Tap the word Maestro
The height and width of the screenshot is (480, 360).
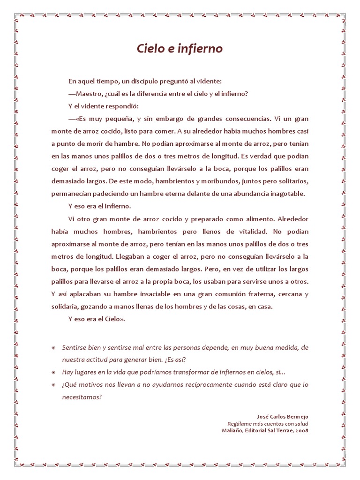[91, 93]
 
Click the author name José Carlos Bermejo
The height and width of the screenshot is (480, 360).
[283, 416]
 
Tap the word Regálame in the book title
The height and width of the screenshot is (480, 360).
[239, 423]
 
